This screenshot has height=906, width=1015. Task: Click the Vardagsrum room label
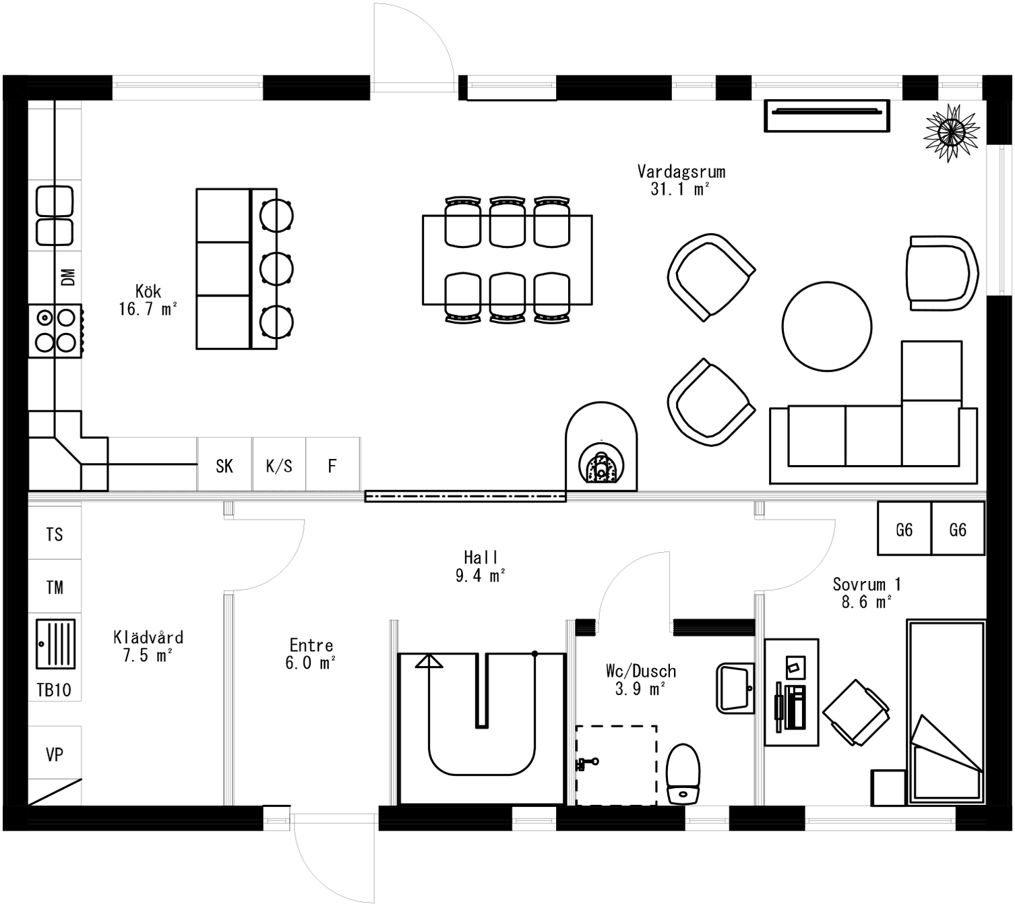click(x=681, y=180)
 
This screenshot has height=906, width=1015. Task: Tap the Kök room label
click(x=148, y=300)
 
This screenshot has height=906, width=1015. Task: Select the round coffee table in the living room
click(x=826, y=326)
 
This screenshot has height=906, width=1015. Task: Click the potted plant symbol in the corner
click(x=951, y=132)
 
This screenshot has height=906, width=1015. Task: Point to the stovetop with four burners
click(x=55, y=330)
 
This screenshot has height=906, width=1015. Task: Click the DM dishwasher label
click(x=68, y=277)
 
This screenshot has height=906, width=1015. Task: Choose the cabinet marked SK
click(x=224, y=465)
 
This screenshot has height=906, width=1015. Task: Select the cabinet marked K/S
click(x=279, y=465)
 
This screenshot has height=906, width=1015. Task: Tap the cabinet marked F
click(x=332, y=465)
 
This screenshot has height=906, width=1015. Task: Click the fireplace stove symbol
click(x=601, y=458)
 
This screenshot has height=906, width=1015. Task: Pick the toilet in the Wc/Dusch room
click(x=683, y=774)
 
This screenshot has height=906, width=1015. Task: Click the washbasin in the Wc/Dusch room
click(x=735, y=688)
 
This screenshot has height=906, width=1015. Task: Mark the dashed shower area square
click(x=616, y=765)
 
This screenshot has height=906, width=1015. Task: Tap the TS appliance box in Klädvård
click(x=55, y=534)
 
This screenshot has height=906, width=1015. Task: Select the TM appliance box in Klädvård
click(x=55, y=587)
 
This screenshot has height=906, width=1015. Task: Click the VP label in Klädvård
click(x=55, y=754)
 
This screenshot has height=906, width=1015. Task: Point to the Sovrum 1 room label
click(x=866, y=593)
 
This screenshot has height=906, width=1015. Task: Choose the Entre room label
click(x=311, y=654)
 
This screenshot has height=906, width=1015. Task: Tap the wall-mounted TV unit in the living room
click(x=826, y=115)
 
